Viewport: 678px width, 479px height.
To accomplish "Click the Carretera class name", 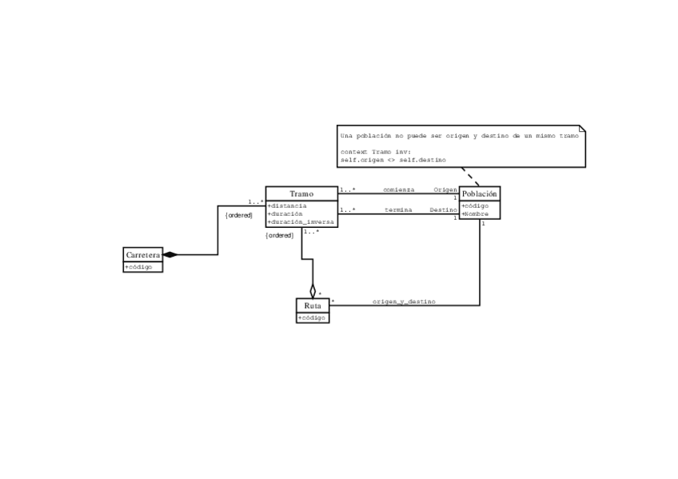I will coord(143,254).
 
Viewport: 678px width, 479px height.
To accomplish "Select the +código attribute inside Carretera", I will coord(139,267).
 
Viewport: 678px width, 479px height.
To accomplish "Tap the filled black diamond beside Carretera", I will coord(169,255).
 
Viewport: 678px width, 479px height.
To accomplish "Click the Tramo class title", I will coord(301,194).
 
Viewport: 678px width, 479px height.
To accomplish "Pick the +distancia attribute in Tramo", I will coord(287,206).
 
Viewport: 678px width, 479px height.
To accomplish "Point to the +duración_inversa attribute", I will coord(301,222).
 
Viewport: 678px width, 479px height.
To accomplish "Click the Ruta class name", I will coord(313,305).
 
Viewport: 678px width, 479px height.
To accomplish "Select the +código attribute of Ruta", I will coord(312,317).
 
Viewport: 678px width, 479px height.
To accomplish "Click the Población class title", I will coord(480,194).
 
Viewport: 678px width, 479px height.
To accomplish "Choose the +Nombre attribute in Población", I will coord(475,214).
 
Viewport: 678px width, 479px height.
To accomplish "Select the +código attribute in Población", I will coord(476,206).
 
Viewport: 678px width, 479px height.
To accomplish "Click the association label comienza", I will coord(399,190).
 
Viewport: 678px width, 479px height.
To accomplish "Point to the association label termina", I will coord(398,210).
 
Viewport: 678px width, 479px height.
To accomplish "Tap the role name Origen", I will coord(445,190).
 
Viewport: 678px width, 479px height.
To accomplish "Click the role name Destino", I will coord(443,210).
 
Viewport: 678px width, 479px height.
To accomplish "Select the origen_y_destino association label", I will coord(404,301).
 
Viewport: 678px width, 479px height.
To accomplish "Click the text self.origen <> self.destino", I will coord(392,159).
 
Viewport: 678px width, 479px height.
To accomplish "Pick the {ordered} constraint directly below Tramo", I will coord(281,235).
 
